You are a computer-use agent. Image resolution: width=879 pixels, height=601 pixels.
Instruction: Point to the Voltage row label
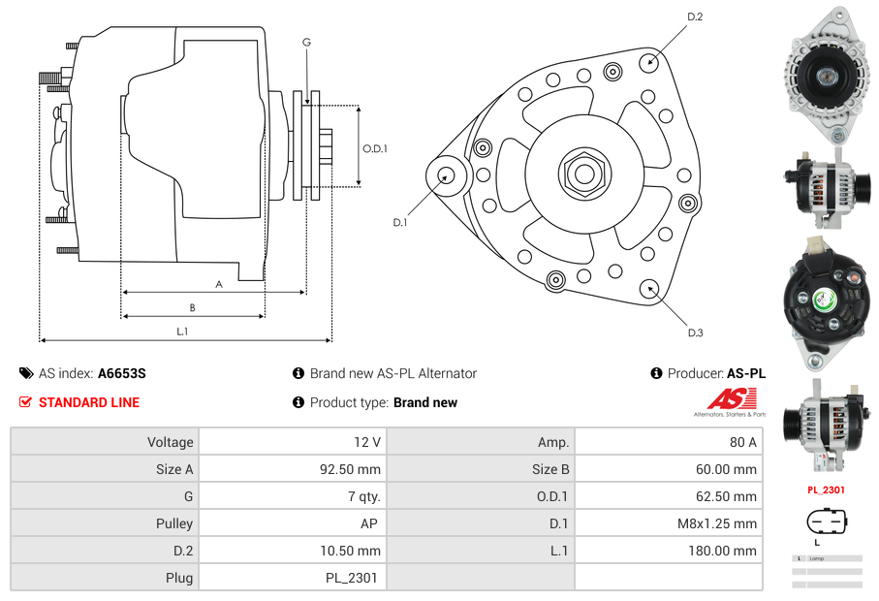[170, 442]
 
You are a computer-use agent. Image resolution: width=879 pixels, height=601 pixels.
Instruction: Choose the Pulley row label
[174, 523]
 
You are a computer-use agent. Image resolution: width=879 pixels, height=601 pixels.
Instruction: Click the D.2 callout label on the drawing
[694, 16]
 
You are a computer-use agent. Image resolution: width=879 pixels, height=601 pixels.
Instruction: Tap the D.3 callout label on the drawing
[695, 332]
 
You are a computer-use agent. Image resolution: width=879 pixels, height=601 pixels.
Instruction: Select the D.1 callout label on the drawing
[399, 222]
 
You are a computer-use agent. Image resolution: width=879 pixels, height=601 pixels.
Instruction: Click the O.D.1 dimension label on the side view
[375, 148]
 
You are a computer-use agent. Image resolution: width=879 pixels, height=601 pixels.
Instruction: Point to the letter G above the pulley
[306, 42]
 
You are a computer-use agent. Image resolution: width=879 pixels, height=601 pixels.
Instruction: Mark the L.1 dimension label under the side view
[182, 332]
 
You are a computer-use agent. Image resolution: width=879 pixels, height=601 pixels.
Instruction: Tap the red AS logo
[731, 398]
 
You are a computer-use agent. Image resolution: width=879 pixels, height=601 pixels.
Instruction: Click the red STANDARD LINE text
[89, 402]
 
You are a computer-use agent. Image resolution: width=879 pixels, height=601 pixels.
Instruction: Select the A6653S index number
[122, 373]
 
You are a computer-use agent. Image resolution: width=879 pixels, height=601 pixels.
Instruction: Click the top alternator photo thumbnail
[826, 72]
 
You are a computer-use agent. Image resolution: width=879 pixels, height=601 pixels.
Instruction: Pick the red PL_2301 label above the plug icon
[827, 490]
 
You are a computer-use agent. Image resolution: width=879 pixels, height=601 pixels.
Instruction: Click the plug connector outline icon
[827, 522]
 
